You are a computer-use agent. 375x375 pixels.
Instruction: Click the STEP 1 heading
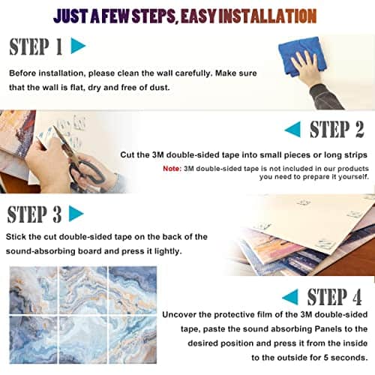click(36, 46)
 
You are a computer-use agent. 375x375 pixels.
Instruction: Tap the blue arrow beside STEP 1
click(78, 46)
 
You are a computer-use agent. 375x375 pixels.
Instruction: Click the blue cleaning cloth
click(302, 56)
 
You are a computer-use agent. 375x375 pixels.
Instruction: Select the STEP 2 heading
click(337, 129)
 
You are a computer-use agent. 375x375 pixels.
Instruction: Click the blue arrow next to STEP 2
click(292, 129)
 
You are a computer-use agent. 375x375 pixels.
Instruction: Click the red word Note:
click(172, 169)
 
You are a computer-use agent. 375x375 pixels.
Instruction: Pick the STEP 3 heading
click(34, 214)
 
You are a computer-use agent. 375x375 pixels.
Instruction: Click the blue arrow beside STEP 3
click(76, 213)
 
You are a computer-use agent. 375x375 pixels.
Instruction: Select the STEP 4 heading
click(334, 296)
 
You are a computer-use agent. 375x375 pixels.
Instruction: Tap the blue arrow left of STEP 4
click(290, 297)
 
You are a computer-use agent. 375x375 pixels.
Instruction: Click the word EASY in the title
click(198, 16)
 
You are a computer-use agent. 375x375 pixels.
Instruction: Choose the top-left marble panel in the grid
click(34, 289)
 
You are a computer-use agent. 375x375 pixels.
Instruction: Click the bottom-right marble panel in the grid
click(133, 340)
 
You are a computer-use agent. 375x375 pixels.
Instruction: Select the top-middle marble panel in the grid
click(83, 289)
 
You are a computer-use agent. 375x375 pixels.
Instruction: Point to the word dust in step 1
click(160, 87)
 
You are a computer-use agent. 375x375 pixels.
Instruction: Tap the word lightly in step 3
click(168, 251)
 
